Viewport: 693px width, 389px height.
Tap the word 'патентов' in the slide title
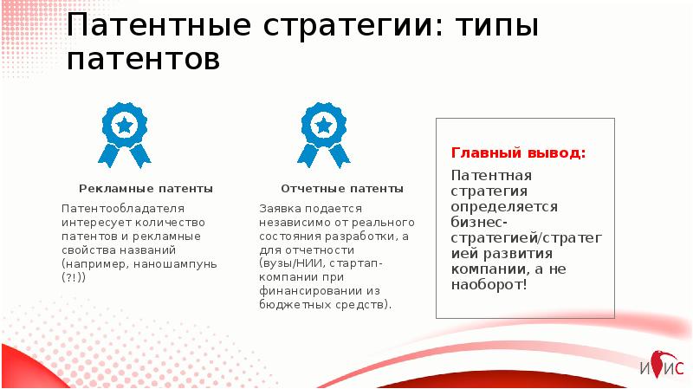[x=144, y=60]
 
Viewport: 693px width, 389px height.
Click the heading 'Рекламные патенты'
[x=146, y=188]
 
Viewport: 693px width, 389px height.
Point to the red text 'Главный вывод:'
[x=518, y=153]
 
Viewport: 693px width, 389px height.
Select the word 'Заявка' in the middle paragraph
[x=278, y=209]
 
